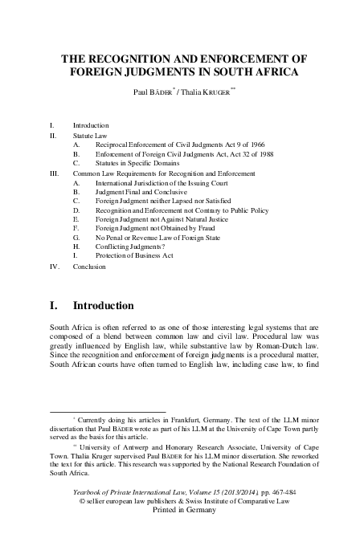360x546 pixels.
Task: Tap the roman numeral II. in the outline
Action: pos(54,137)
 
